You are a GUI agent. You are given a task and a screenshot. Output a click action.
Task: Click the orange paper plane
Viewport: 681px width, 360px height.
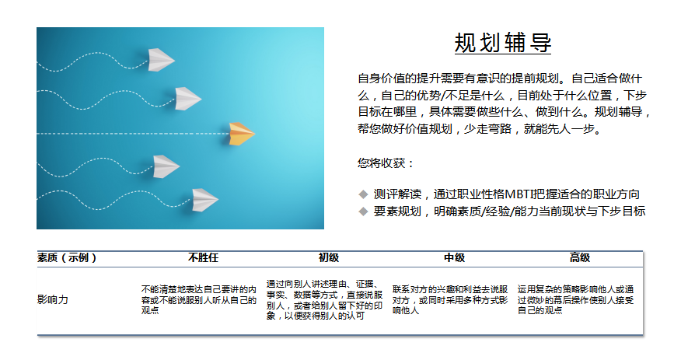click(242, 133)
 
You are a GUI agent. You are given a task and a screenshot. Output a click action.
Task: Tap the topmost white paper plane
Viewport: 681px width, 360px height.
click(161, 60)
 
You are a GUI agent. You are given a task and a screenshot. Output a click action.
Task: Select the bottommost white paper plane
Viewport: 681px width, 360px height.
click(204, 200)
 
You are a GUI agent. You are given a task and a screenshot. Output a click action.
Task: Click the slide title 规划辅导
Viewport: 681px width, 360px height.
click(502, 43)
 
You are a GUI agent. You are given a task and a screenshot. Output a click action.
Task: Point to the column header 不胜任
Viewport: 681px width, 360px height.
click(203, 258)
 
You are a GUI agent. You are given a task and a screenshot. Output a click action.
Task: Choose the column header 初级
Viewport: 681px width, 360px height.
click(328, 258)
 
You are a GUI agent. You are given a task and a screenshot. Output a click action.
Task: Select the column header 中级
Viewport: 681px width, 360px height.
click(454, 258)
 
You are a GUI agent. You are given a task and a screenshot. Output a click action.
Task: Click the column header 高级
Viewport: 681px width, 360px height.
click(580, 258)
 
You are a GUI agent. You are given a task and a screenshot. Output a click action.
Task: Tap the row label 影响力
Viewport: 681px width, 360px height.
click(53, 299)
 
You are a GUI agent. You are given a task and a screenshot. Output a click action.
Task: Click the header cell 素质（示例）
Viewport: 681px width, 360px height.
click(67, 258)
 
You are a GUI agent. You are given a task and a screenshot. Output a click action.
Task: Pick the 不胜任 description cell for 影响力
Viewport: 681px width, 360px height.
click(199, 299)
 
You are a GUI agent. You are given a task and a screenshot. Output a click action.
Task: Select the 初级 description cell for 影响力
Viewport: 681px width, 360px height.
click(324, 299)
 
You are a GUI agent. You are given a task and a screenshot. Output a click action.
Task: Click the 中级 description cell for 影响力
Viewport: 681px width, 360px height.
click(450, 299)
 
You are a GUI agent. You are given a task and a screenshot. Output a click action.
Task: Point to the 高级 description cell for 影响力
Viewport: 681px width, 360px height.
click(575, 299)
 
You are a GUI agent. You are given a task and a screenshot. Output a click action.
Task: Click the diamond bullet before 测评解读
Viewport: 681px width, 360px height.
click(363, 194)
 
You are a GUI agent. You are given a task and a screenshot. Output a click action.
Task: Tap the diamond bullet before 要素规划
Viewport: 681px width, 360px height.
click(363, 211)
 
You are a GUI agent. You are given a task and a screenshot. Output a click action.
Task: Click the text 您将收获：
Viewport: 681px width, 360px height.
click(386, 163)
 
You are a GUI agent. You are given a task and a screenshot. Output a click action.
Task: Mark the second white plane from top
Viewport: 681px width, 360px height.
click(187, 99)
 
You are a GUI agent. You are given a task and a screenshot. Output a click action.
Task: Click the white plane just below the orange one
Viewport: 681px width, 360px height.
click(166, 166)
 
